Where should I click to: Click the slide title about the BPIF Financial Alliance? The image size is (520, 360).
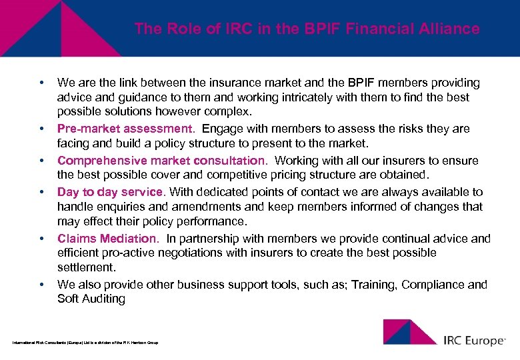pyautogui.click(x=307, y=29)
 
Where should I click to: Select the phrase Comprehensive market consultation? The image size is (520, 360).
pyautogui.click(x=161, y=161)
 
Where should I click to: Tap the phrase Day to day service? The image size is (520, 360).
pyautogui.click(x=110, y=192)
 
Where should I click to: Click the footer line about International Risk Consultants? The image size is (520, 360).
pyautogui.click(x=85, y=343)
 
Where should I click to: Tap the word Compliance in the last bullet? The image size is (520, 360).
pyautogui.click(x=433, y=285)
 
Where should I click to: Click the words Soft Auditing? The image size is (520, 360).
pyautogui.click(x=91, y=299)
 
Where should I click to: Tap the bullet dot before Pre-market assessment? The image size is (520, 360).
pyautogui.click(x=41, y=129)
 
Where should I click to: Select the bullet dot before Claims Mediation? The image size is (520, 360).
pyautogui.click(x=41, y=239)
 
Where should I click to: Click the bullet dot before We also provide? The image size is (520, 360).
pyautogui.click(x=41, y=285)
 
